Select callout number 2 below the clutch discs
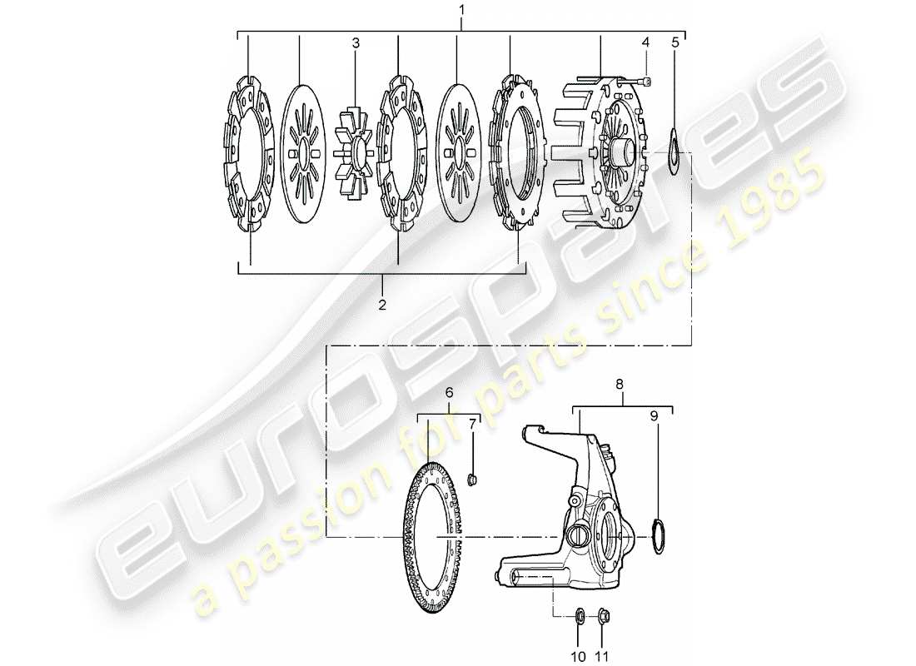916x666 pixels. click(382, 305)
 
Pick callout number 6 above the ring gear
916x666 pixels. click(449, 392)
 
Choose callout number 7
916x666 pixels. click(471, 425)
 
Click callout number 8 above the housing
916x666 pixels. click(619, 385)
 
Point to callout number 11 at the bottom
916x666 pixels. click(601, 656)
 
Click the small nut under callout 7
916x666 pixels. click(471, 478)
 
